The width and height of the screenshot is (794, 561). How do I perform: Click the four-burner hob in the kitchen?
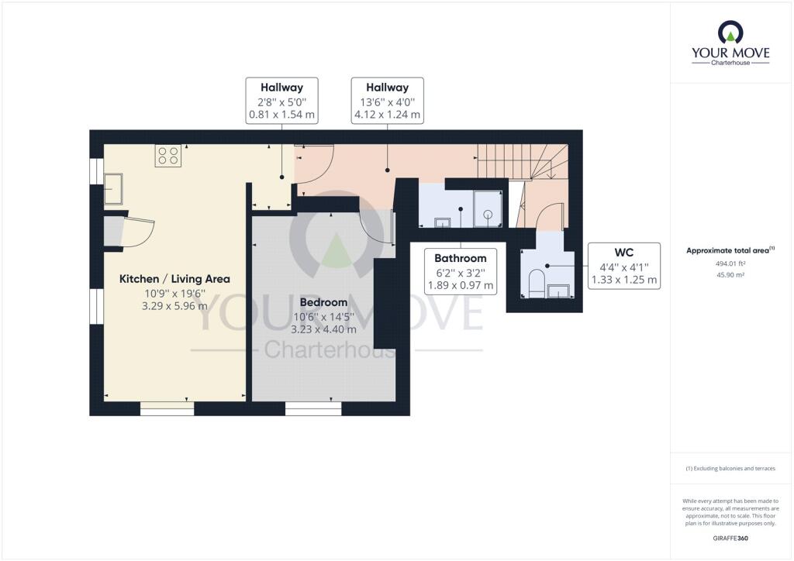coord(168,156)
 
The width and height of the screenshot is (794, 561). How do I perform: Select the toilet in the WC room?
coord(536,284)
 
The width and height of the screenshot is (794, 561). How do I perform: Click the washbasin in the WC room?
coord(559,291)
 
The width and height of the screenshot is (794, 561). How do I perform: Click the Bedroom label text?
coord(323,301)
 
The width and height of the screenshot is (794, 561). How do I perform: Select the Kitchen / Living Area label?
coord(174,279)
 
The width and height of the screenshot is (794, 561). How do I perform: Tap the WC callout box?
coord(624,266)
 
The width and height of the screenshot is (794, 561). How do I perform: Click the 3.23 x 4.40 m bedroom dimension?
coord(323,329)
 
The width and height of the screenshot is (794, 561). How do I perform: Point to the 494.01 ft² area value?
coord(730,263)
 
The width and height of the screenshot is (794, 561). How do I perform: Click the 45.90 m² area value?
coord(730,275)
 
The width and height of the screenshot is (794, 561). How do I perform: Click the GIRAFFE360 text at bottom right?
coord(730,538)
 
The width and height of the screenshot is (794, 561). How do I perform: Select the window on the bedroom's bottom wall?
coord(313,408)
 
